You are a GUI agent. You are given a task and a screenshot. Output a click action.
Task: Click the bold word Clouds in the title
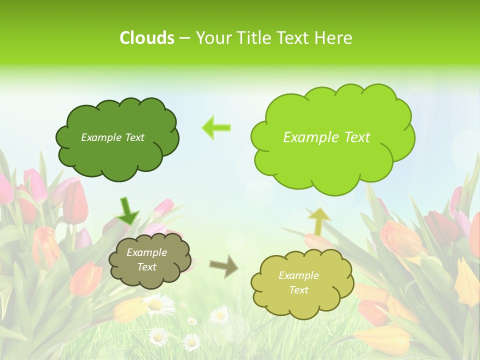[146, 38]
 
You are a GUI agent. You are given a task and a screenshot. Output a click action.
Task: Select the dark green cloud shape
[117, 155]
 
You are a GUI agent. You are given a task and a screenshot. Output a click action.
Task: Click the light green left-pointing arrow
[216, 127]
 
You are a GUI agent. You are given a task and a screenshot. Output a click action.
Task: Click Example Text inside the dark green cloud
[112, 137]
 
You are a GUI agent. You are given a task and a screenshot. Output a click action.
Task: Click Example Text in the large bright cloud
[326, 137]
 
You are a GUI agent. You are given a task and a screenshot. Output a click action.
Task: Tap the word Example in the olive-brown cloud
[146, 252]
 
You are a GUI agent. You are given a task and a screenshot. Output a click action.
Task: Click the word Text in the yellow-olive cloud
[299, 290]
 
